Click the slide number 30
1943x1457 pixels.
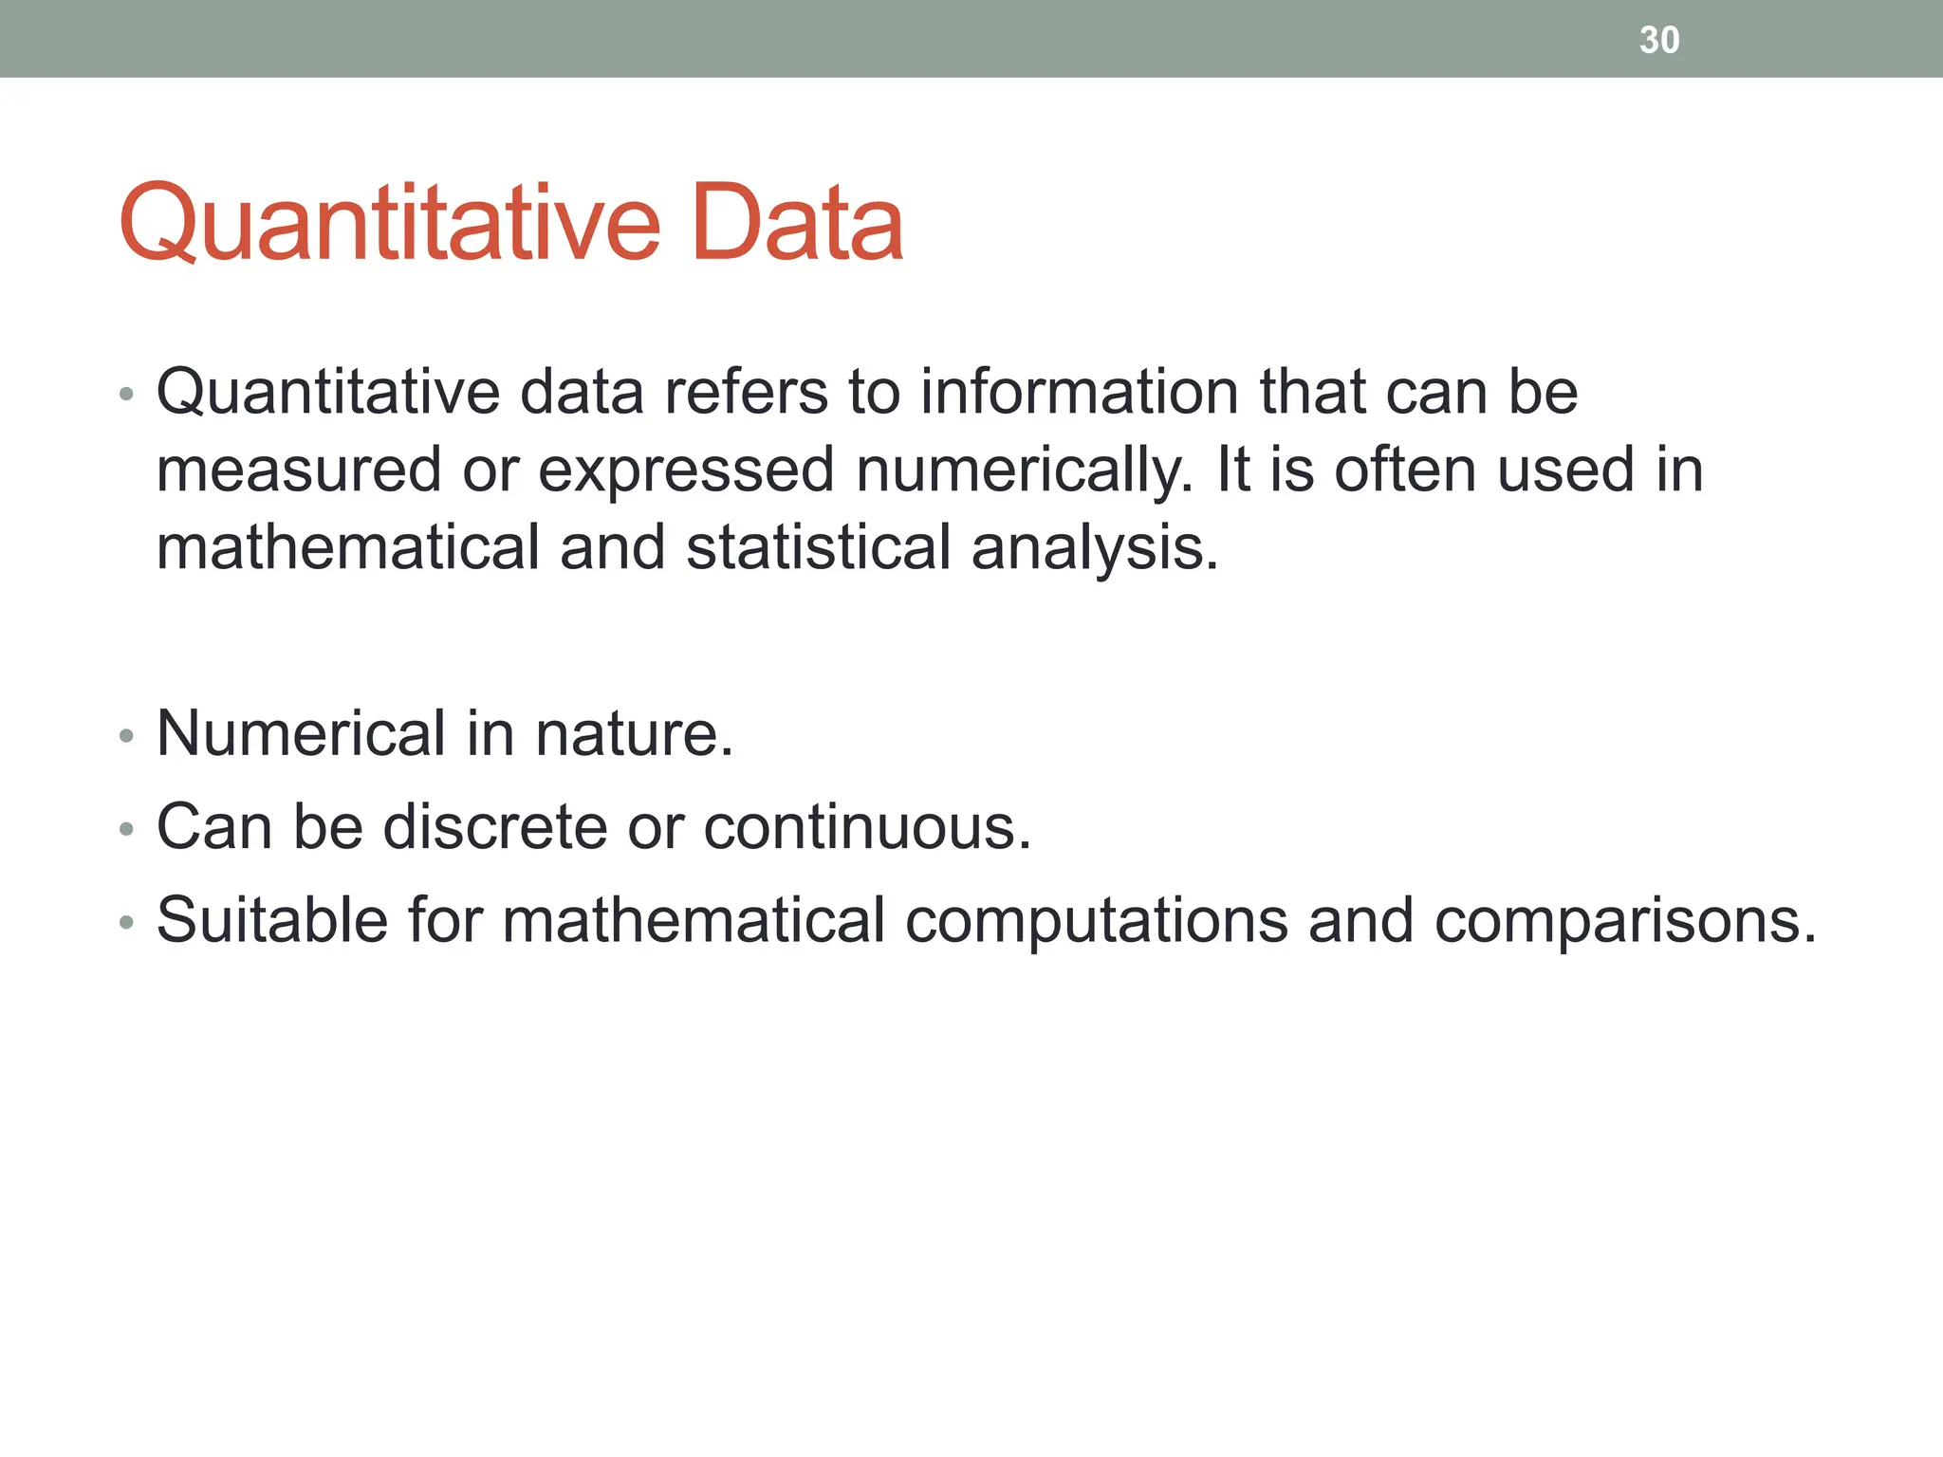pyautogui.click(x=1659, y=40)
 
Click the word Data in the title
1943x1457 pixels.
pyautogui.click(x=797, y=223)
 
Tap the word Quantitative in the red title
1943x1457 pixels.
pyautogui.click(x=389, y=223)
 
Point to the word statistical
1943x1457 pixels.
pyautogui.click(x=818, y=548)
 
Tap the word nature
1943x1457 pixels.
pyautogui.click(x=635, y=735)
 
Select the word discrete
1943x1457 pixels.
pyautogui.click(x=494, y=826)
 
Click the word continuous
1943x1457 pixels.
pyautogui.click(x=866, y=826)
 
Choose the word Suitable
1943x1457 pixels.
pyautogui.click(x=272, y=919)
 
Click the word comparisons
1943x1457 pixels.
pyautogui.click(x=1624, y=921)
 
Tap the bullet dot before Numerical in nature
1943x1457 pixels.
pyautogui.click(x=127, y=736)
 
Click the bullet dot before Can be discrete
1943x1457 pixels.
pyautogui.click(x=127, y=829)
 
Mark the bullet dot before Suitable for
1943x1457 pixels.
pyautogui.click(x=127, y=922)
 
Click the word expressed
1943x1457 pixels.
pyautogui.click(x=686, y=471)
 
